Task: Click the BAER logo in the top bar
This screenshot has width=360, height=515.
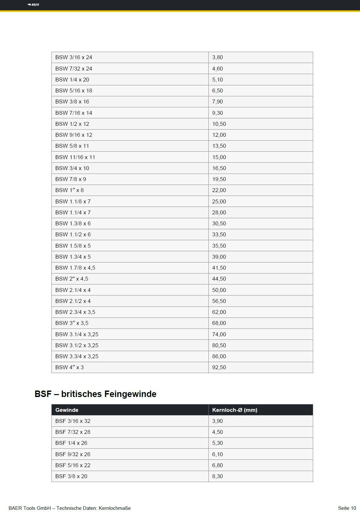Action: (33, 5)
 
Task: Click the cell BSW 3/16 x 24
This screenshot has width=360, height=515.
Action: (74, 58)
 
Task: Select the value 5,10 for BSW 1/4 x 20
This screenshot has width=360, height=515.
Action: (217, 80)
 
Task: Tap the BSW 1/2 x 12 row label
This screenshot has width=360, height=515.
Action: (72, 124)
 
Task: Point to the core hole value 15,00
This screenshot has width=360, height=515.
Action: (219, 157)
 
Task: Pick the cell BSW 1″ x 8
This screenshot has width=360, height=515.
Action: (69, 190)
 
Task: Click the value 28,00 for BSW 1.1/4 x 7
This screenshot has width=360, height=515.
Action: (219, 212)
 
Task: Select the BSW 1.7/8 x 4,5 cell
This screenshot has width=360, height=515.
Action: (75, 268)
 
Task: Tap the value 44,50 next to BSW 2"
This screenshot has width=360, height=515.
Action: (219, 279)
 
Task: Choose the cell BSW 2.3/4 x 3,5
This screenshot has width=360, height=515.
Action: (75, 312)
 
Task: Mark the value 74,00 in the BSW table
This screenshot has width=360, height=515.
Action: (219, 334)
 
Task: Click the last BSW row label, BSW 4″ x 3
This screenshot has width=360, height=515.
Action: (69, 367)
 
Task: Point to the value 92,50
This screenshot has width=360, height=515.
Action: (219, 367)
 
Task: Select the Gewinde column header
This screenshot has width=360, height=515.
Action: (67, 410)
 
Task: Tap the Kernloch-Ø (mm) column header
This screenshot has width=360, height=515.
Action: (235, 410)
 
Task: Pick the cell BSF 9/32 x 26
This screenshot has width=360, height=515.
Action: (73, 454)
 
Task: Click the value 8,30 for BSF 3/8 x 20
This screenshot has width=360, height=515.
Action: (217, 476)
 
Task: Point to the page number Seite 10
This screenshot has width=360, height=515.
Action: (347, 508)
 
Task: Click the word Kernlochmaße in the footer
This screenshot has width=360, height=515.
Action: (115, 508)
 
